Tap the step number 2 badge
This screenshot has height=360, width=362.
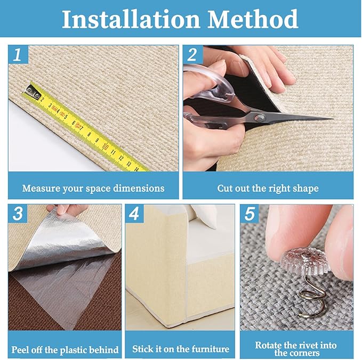pos(192,55)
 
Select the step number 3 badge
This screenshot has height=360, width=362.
pos(18,215)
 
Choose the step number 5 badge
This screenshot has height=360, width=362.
pos(250,215)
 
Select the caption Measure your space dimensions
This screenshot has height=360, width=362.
pos(93,189)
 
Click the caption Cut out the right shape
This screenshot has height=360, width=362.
pos(268,189)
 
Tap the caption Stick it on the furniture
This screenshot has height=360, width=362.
pos(181,349)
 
